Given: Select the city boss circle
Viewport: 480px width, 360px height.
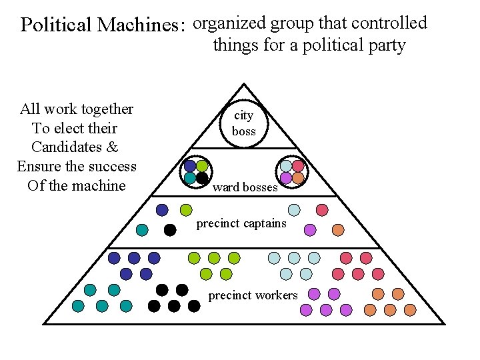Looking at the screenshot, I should click(244, 123).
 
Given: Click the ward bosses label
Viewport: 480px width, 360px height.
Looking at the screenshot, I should click(245, 187).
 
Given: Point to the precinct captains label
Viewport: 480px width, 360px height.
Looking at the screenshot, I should click(241, 223).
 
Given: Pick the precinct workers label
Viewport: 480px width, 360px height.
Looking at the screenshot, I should click(253, 295).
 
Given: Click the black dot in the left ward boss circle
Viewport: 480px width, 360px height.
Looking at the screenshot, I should click(202, 178).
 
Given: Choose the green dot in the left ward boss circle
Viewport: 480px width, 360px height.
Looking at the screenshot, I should click(202, 165).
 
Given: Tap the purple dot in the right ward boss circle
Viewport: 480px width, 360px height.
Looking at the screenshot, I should click(286, 178).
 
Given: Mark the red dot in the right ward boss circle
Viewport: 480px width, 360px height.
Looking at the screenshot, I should click(298, 165).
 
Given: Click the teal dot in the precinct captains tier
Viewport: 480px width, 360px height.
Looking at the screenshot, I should click(142, 230).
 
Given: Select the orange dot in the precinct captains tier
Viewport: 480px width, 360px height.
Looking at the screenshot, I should click(338, 230).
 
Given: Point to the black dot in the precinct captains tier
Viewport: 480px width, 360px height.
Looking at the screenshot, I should click(170, 230).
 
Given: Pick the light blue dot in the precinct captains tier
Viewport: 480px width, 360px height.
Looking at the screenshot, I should click(294, 210).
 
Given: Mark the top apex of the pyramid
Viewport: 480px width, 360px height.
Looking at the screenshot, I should click(245, 84).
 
